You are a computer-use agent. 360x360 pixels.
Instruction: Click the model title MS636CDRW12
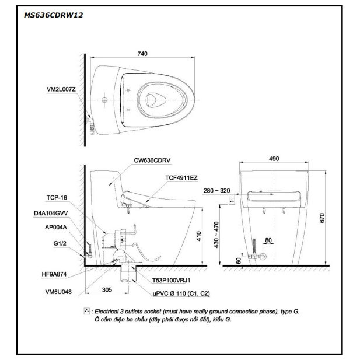(53, 15)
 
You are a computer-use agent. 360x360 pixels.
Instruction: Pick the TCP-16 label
(57, 198)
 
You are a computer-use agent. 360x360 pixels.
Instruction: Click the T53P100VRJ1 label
(169, 280)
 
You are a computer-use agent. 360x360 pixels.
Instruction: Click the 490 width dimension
(274, 159)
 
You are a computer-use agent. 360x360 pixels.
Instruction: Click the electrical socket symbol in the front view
(233, 201)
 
